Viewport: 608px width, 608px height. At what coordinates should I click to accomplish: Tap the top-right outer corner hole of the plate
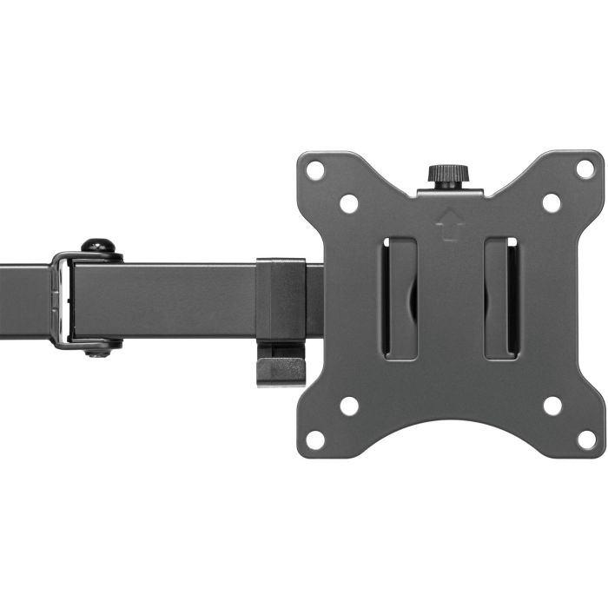tap(586, 169)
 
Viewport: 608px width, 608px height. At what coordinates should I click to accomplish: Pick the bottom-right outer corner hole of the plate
tap(587, 440)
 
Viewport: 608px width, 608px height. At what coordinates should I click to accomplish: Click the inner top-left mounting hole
tap(349, 203)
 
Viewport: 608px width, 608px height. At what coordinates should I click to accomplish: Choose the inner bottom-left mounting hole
tap(349, 406)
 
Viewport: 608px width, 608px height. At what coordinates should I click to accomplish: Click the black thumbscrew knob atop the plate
tap(448, 174)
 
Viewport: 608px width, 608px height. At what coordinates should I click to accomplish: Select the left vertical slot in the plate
tap(400, 297)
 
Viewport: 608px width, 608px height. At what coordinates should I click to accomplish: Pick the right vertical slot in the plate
tap(501, 297)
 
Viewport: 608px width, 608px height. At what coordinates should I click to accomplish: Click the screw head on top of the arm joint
tap(99, 248)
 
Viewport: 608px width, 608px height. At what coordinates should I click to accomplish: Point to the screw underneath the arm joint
tap(98, 349)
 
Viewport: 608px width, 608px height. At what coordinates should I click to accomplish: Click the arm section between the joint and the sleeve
tap(165, 300)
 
